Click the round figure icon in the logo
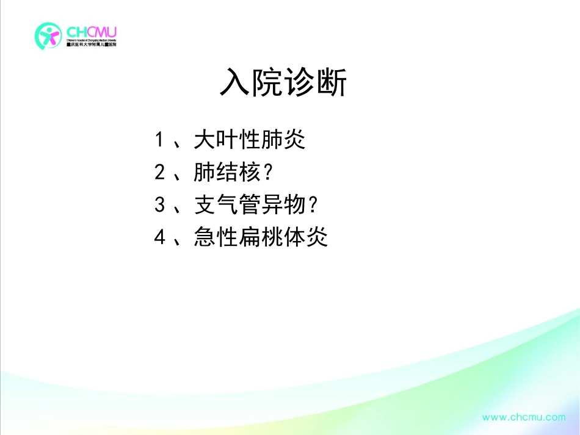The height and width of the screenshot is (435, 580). click(x=48, y=36)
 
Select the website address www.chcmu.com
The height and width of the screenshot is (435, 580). click(x=524, y=417)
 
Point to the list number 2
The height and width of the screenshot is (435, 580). click(x=159, y=173)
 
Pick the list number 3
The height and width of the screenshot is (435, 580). click(x=159, y=205)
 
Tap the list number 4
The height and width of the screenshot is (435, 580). click(x=159, y=237)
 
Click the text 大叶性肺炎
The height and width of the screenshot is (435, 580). click(x=249, y=140)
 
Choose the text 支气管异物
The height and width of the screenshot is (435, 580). click(x=249, y=205)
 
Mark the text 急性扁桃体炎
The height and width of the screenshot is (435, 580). click(x=261, y=237)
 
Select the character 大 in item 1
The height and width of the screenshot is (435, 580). click(x=205, y=140)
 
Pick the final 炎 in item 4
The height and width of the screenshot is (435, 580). click(x=317, y=237)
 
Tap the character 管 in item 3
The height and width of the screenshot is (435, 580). click(x=249, y=205)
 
